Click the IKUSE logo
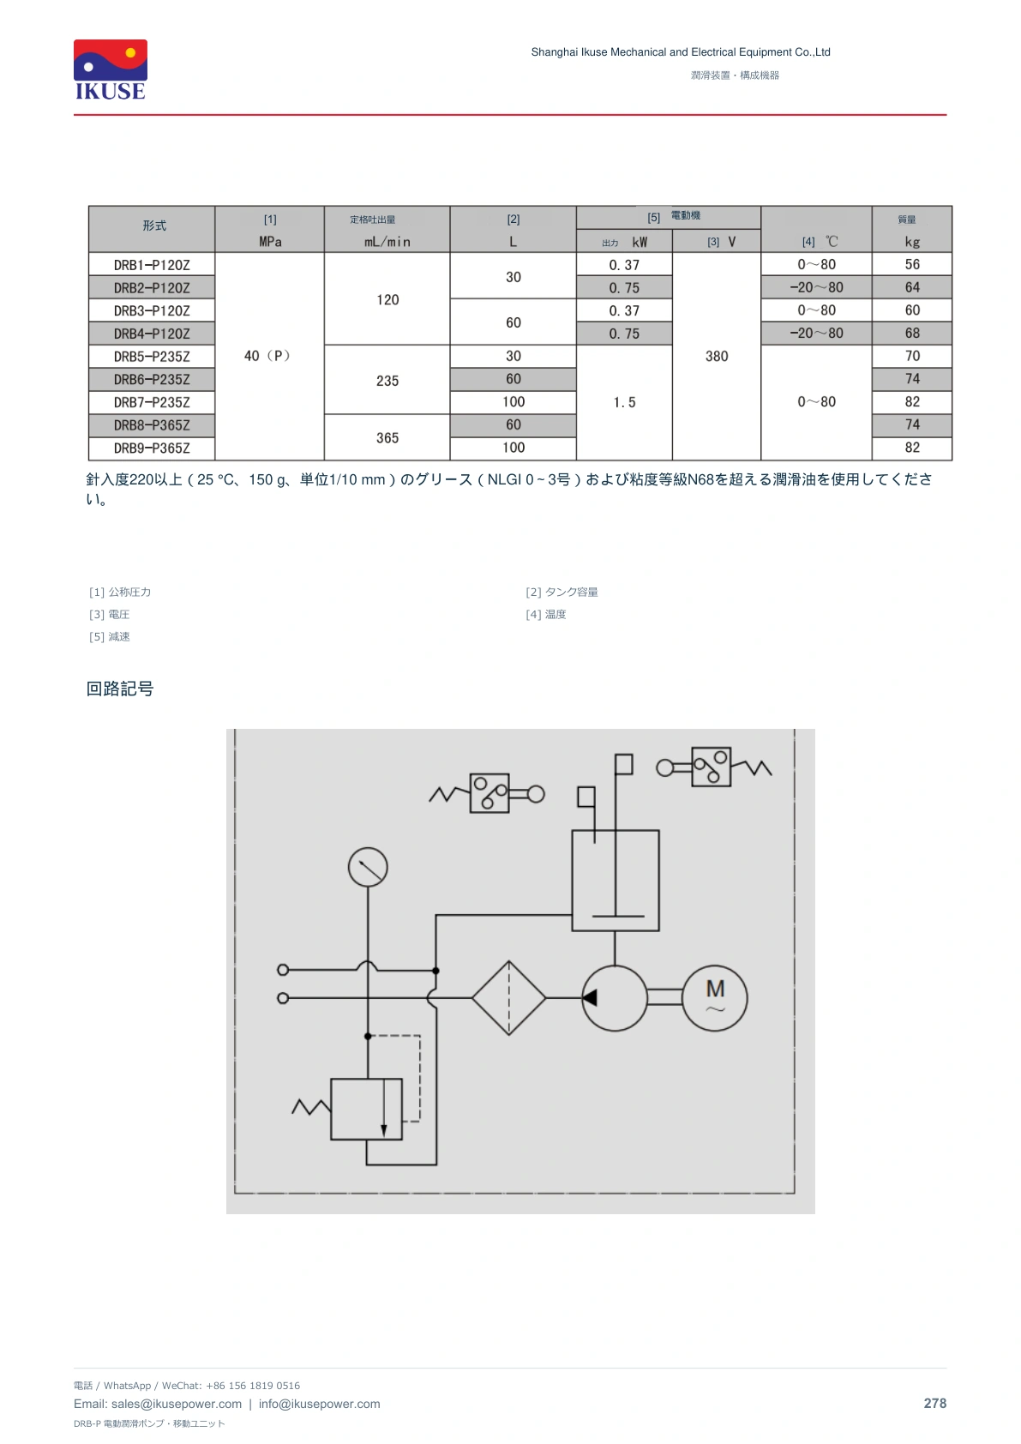click(111, 69)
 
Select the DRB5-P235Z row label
click(152, 357)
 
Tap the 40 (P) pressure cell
click(267, 356)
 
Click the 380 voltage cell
click(716, 357)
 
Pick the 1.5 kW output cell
click(624, 402)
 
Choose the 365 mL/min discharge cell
click(387, 437)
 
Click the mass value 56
click(911, 264)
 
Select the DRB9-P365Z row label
click(152, 448)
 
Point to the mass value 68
click(911, 334)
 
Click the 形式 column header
click(154, 226)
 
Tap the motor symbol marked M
click(714, 998)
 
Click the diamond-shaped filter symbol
click(508, 998)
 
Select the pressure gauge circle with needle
click(368, 867)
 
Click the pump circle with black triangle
click(615, 998)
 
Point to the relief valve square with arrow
click(366, 1110)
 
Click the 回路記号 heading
click(120, 689)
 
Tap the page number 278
click(934, 1404)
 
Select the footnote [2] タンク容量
click(562, 592)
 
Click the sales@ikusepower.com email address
click(176, 1404)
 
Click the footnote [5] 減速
click(109, 637)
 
